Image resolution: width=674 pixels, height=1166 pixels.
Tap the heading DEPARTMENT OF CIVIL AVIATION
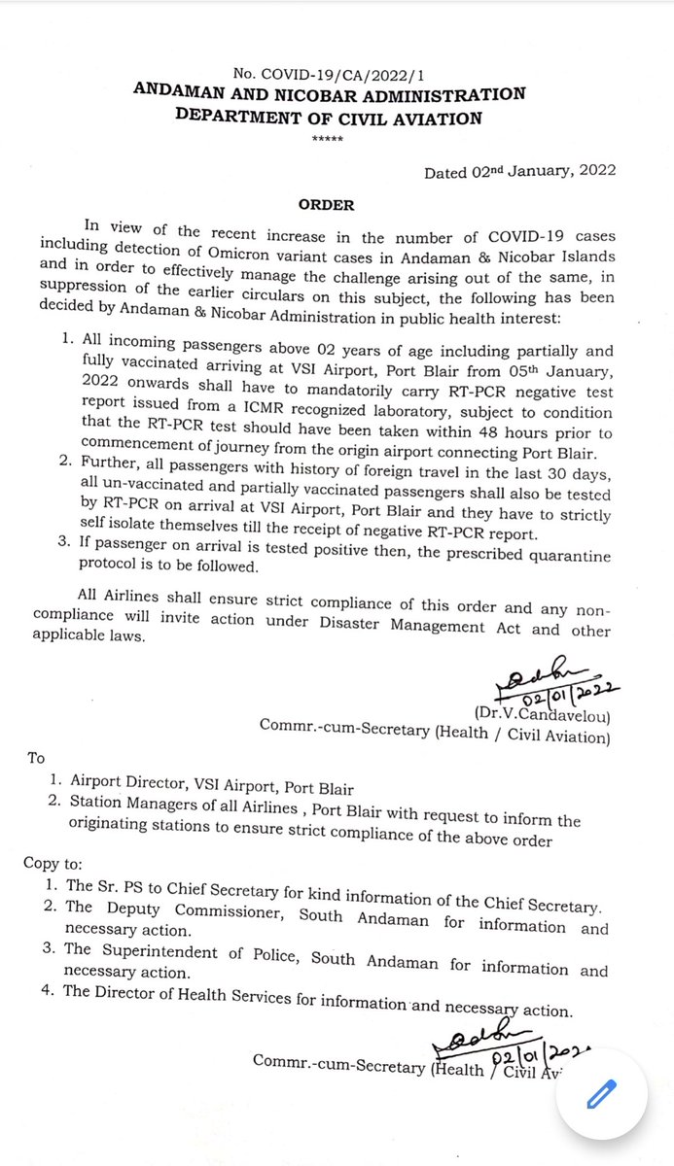coord(328,119)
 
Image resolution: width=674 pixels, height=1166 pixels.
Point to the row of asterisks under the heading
coord(321,140)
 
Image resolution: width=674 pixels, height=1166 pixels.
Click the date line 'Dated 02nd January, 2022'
coord(519,172)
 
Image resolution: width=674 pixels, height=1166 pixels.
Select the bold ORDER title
coord(327,205)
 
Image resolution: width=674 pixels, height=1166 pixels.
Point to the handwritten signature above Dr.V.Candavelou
coord(545,672)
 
